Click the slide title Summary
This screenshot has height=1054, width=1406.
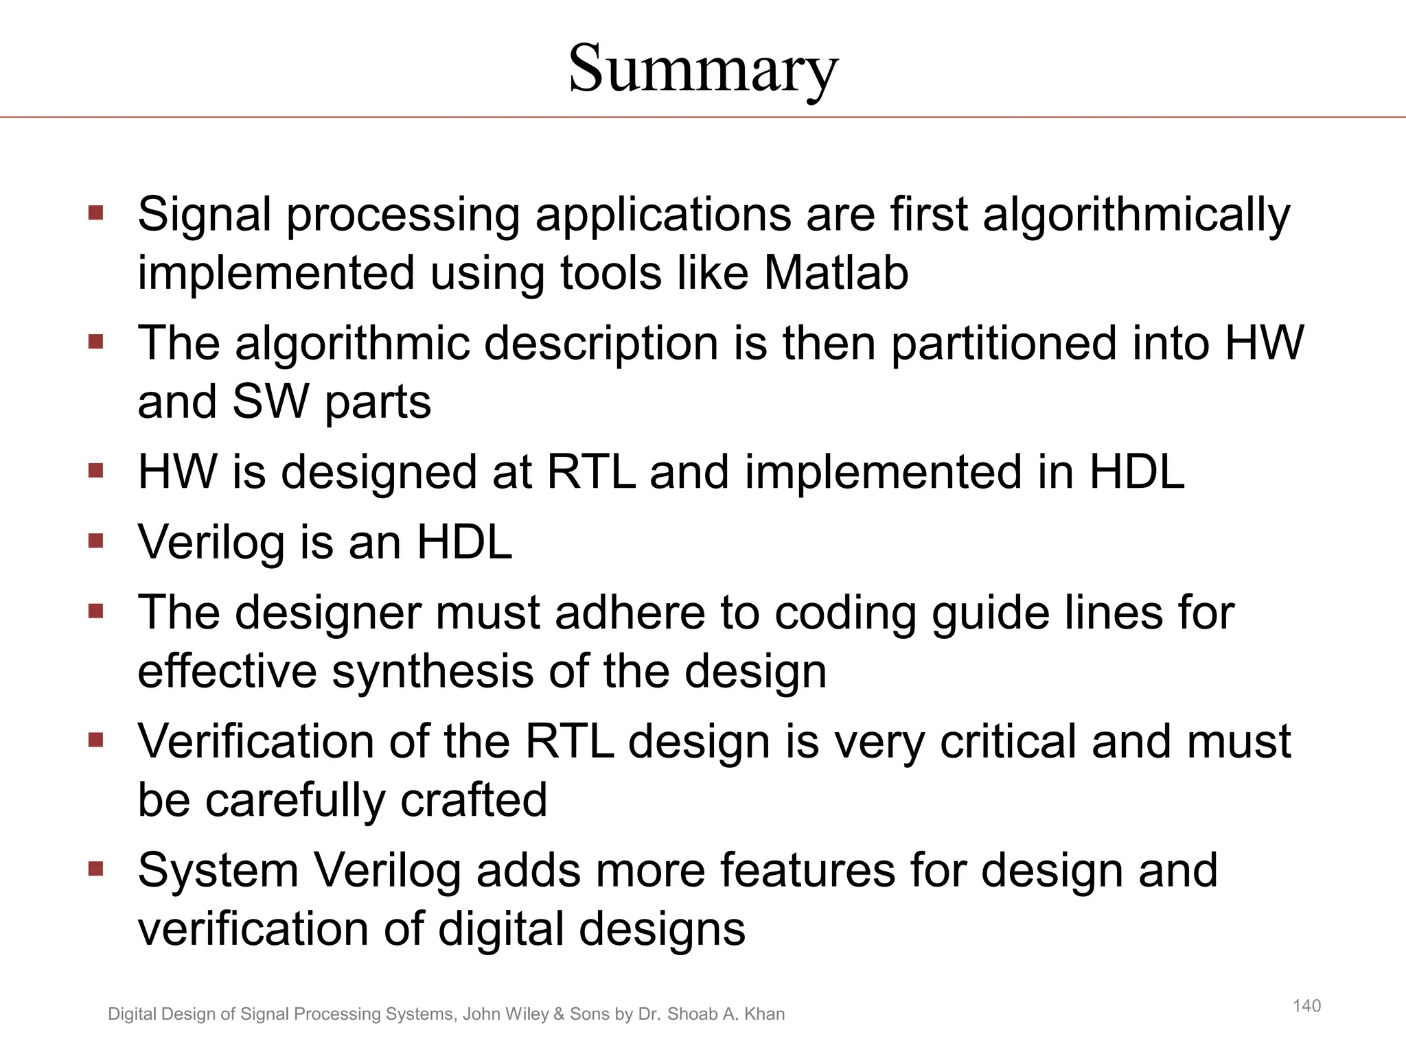coord(703,69)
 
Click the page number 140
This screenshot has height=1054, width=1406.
coord(1306,1006)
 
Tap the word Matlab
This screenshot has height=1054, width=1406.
coord(836,273)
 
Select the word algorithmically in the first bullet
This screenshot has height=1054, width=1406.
coord(1136,215)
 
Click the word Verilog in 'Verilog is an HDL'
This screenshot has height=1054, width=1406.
coord(211,543)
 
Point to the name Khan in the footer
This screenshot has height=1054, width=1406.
coord(764,1014)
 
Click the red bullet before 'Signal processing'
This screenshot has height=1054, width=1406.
coord(95,212)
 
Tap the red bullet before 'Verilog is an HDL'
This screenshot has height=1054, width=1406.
coord(95,541)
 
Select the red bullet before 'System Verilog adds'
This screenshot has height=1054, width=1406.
coord(95,869)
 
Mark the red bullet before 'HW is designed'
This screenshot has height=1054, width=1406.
coord(95,471)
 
